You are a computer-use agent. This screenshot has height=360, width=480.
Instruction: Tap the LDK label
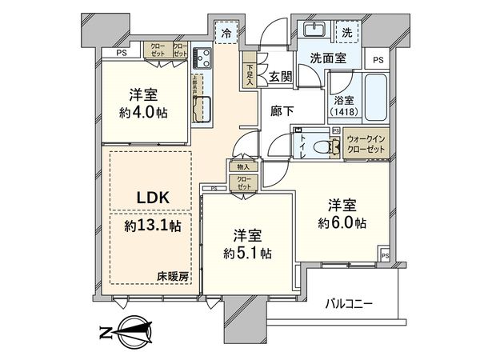(x=150, y=196)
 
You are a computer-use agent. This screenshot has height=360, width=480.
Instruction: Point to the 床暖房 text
(x=173, y=276)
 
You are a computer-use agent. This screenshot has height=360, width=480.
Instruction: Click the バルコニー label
(x=349, y=304)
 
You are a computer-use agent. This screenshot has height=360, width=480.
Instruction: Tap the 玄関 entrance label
(x=280, y=77)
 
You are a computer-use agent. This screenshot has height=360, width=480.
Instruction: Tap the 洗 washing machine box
(x=347, y=34)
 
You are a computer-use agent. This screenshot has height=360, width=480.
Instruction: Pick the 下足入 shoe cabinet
(x=250, y=74)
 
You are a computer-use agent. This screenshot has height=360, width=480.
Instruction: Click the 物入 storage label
(x=242, y=166)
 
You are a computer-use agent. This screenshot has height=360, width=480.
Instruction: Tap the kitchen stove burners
(x=200, y=58)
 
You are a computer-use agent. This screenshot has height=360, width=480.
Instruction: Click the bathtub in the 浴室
(x=374, y=96)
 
